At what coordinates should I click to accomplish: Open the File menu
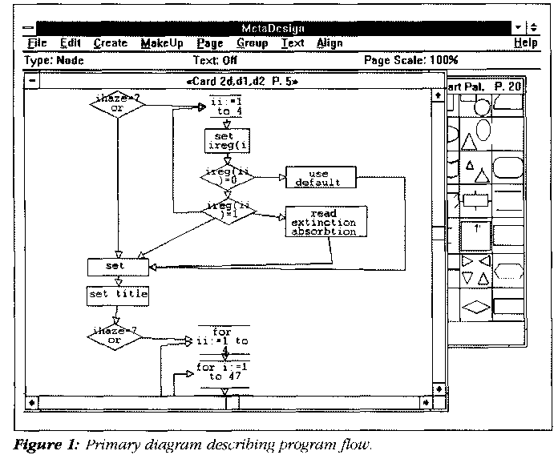(x=37, y=43)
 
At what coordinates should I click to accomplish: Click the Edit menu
(x=71, y=43)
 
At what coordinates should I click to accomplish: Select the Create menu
(x=110, y=43)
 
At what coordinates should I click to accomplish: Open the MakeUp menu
(x=159, y=43)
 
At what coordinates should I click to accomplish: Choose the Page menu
(x=209, y=43)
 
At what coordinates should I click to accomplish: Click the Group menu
(x=252, y=43)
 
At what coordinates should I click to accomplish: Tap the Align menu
(x=329, y=43)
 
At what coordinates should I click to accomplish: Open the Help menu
(x=525, y=43)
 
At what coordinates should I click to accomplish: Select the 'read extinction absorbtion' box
(x=324, y=222)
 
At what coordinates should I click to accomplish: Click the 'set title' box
(x=119, y=294)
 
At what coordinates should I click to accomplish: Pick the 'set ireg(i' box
(x=224, y=141)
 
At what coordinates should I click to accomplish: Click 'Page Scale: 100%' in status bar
(x=410, y=60)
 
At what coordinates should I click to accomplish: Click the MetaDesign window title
(x=277, y=28)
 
